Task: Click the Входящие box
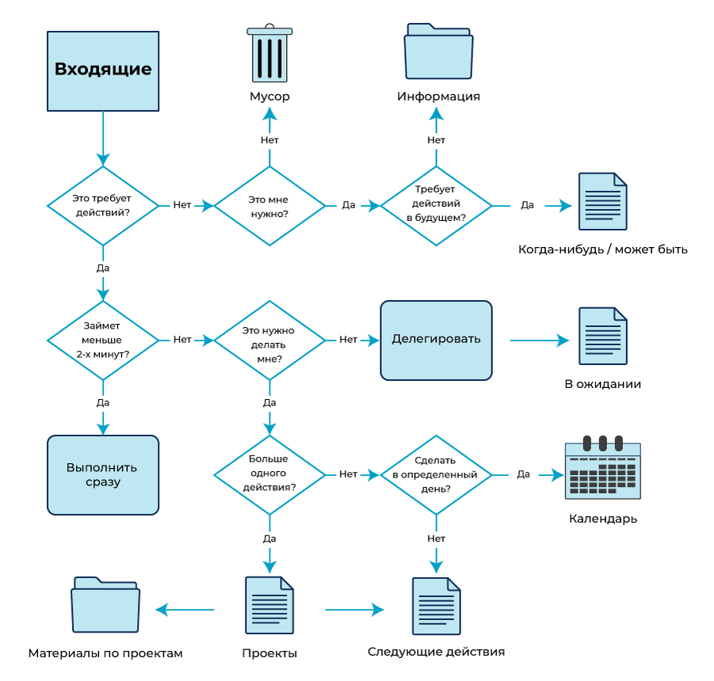point(103,70)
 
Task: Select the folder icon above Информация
point(438,52)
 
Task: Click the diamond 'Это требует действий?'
point(103,206)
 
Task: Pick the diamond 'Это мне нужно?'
point(269,206)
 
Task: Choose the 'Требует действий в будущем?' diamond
point(436,206)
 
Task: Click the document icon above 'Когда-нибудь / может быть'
point(602,201)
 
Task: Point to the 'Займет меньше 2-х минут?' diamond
point(103,340)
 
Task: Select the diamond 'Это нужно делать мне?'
point(269,340)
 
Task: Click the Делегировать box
point(436,340)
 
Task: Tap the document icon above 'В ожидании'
point(602,336)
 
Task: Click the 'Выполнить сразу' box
point(103,474)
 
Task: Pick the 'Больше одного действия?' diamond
point(269,474)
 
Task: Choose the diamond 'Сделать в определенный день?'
point(436,474)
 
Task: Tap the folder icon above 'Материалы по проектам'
point(105,605)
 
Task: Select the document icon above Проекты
point(269,605)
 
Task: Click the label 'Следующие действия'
point(436,652)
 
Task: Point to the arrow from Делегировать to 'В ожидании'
point(539,340)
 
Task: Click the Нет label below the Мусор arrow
point(269,140)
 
